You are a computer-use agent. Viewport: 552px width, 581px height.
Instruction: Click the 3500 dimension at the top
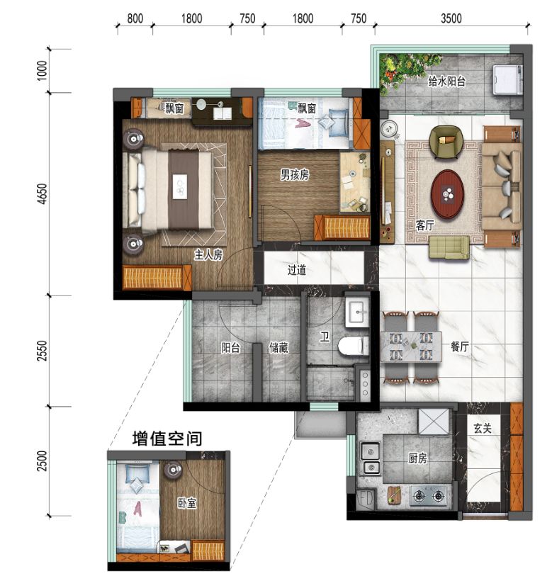point(450,18)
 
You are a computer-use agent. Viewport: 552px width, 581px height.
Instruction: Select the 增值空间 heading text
point(167,439)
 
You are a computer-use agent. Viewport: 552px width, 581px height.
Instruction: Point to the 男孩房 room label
point(293,174)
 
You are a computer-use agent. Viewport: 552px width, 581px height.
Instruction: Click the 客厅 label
point(424,225)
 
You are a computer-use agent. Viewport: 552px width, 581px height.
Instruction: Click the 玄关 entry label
point(483,429)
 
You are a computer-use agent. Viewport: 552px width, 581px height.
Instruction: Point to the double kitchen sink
point(369,458)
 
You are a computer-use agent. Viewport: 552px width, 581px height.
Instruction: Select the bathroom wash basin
point(356,312)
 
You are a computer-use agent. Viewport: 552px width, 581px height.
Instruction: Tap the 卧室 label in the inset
point(187,503)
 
